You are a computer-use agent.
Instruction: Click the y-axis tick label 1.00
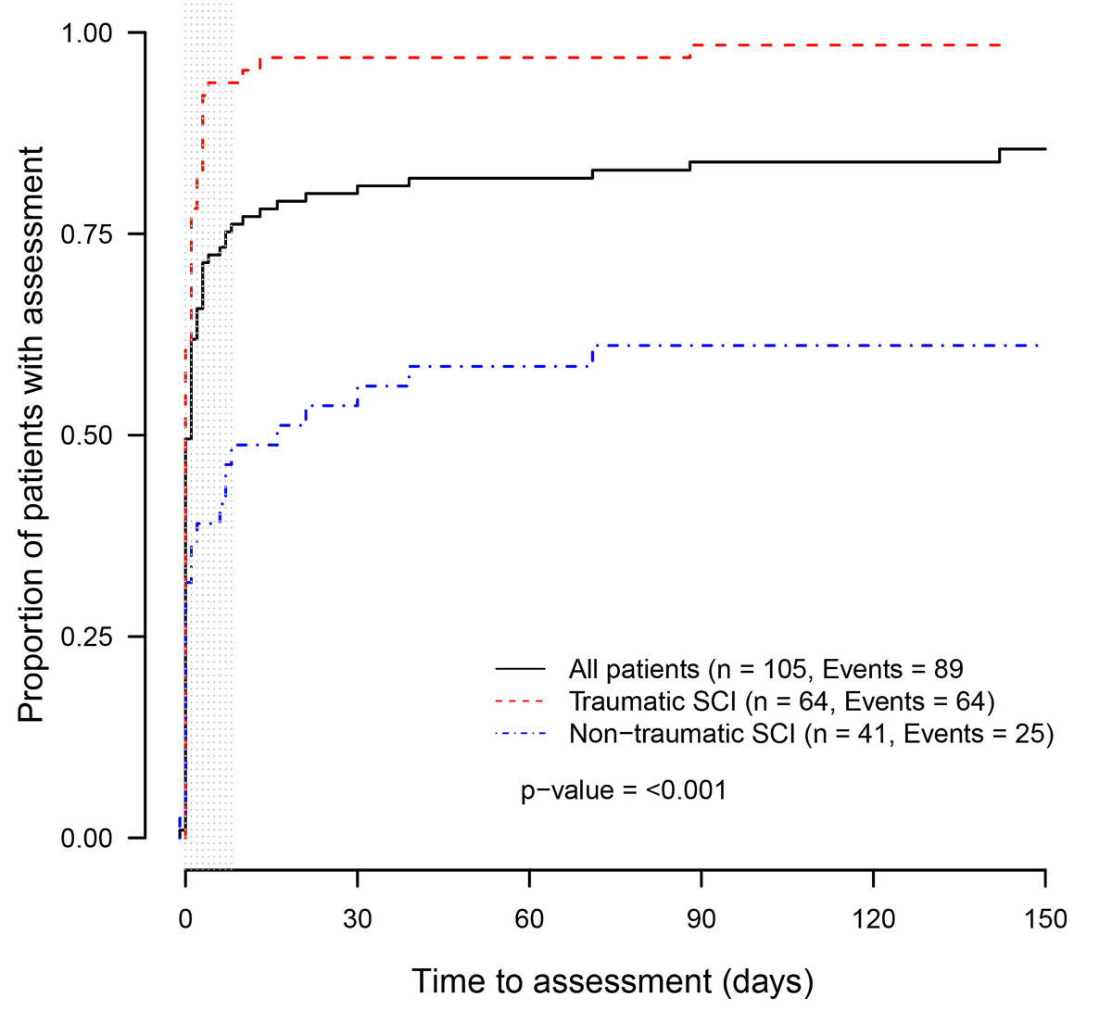point(86,33)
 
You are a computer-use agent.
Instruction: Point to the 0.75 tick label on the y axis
point(86,234)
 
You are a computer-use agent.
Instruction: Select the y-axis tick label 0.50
point(86,436)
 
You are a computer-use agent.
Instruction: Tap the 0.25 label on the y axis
point(86,637)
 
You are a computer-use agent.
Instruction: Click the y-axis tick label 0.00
point(86,838)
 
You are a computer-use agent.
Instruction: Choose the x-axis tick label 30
point(357,919)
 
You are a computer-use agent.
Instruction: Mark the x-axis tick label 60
point(529,919)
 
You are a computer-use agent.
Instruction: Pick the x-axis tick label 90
point(701,919)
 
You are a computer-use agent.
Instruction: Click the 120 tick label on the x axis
point(873,919)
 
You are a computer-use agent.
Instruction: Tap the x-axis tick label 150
point(1045,919)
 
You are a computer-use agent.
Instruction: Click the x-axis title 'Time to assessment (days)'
point(613,981)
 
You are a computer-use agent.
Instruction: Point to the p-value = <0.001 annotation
point(624,790)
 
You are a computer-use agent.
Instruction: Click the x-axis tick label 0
point(185,919)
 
